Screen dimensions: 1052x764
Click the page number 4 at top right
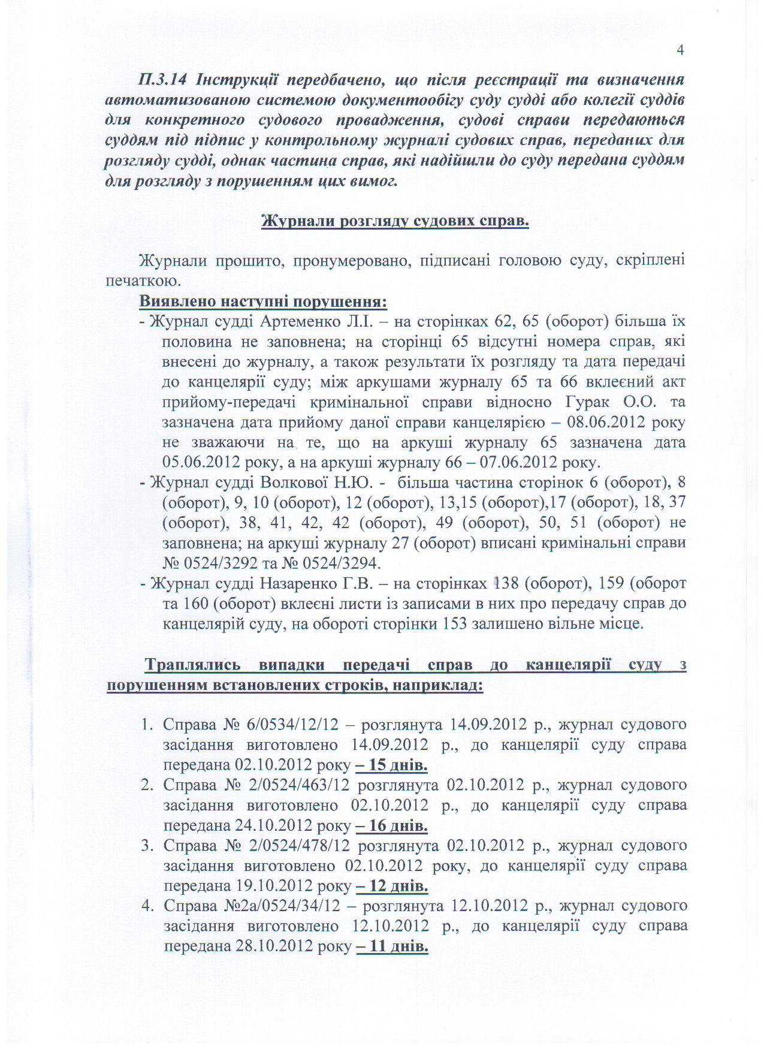tap(680, 50)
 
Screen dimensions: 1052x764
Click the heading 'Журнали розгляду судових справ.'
tap(395, 221)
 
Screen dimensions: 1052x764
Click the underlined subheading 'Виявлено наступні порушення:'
tap(263, 301)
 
